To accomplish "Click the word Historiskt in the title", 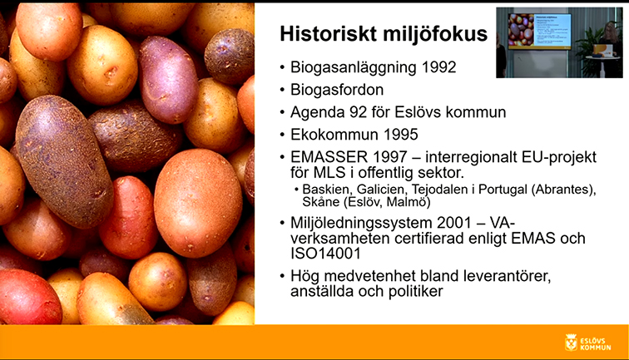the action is pyautogui.click(x=328, y=34).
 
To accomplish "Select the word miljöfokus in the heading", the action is pyautogui.click(x=435, y=34).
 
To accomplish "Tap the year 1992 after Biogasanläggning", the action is pyautogui.click(x=438, y=67).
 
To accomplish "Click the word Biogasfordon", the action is pyautogui.click(x=337, y=90).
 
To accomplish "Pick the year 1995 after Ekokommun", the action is pyautogui.click(x=401, y=135).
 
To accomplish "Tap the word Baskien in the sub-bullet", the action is pyautogui.click(x=327, y=189).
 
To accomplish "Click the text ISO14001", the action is pyautogui.click(x=325, y=254).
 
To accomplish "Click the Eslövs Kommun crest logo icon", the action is pyautogui.click(x=571, y=343).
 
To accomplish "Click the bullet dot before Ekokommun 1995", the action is pyautogui.click(x=283, y=135).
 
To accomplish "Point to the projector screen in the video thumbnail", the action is pyautogui.click(x=539, y=31).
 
